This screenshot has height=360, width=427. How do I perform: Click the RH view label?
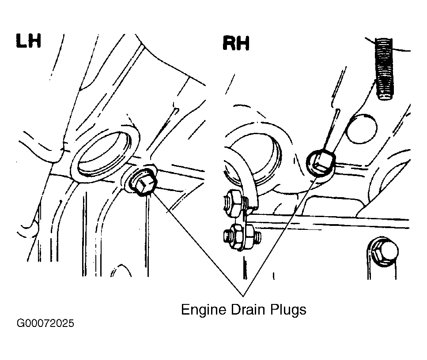(236, 43)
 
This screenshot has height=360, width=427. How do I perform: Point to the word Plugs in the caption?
(287, 310)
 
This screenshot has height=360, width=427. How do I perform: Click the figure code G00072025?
(45, 323)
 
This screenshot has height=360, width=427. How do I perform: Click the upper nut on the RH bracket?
(233, 202)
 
